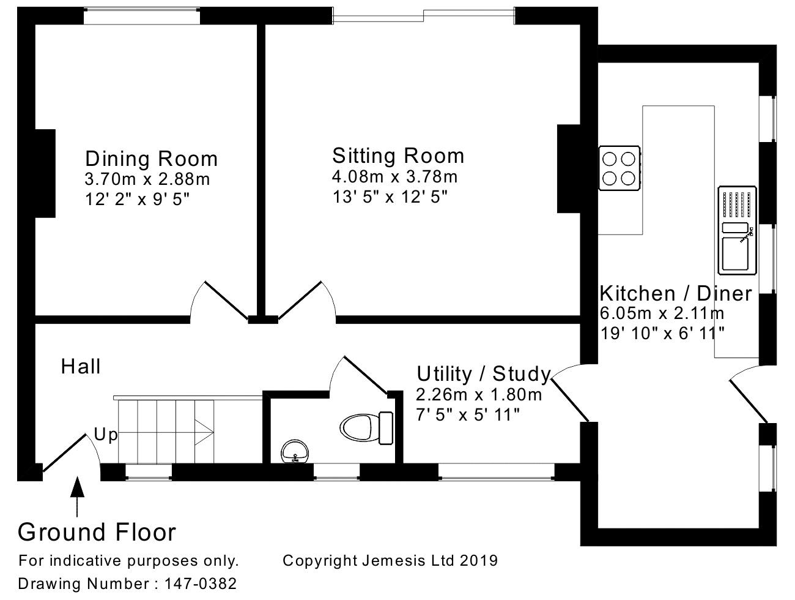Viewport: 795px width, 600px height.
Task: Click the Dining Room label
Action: pyautogui.click(x=152, y=159)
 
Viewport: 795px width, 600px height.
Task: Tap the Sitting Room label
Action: pyautogui.click(x=398, y=156)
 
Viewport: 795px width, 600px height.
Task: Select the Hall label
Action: pyautogui.click(x=80, y=366)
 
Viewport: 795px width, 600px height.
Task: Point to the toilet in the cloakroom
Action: pyautogui.click(x=366, y=428)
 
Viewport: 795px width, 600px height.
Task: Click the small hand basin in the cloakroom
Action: pyautogui.click(x=295, y=452)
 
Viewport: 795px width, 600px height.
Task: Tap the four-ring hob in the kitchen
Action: pyautogui.click(x=619, y=168)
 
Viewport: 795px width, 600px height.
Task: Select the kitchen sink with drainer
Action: pyautogui.click(x=738, y=230)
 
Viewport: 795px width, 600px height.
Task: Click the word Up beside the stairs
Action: pyautogui.click(x=106, y=434)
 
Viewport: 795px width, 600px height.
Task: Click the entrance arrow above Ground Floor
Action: pyautogui.click(x=77, y=497)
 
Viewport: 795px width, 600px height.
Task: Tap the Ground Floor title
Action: pyautogui.click(x=97, y=532)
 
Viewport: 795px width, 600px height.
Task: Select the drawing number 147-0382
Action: pyautogui.click(x=201, y=583)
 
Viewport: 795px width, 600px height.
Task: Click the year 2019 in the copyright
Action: pyautogui.click(x=479, y=560)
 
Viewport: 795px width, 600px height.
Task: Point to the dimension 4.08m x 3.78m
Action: pyautogui.click(x=395, y=177)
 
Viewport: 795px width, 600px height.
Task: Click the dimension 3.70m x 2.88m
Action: pyautogui.click(x=147, y=179)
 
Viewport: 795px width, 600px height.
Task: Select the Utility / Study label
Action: pyautogui.click(x=484, y=374)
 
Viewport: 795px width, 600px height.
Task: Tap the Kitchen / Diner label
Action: pyautogui.click(x=676, y=293)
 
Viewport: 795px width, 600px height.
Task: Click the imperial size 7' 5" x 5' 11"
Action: pyautogui.click(x=468, y=414)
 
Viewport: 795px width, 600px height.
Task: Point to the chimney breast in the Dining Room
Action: pyautogui.click(x=45, y=173)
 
